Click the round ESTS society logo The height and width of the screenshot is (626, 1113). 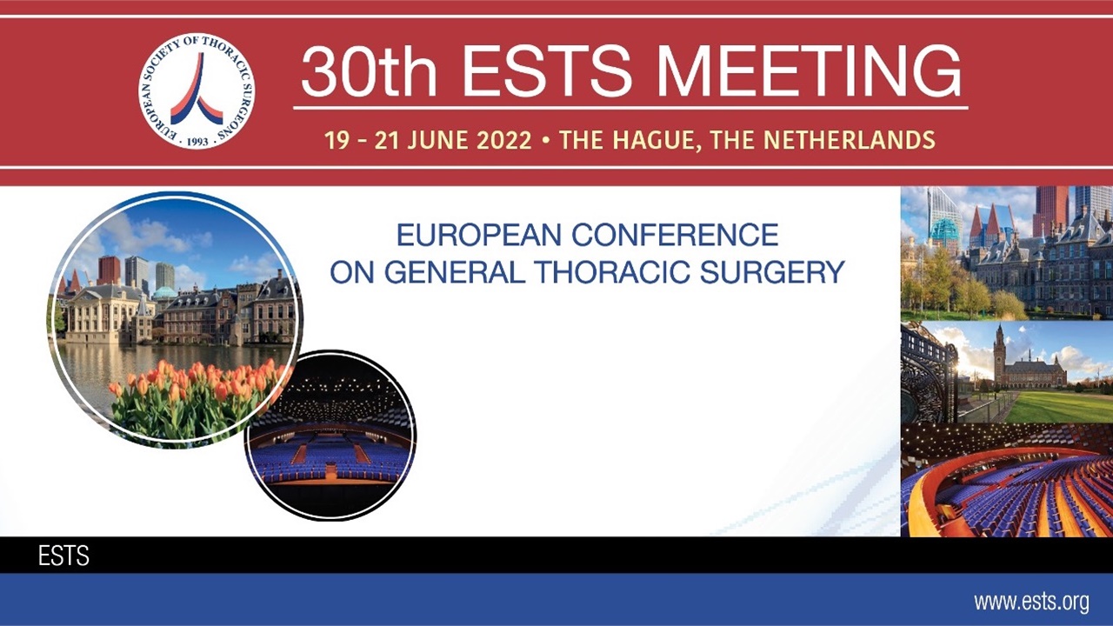click(197, 91)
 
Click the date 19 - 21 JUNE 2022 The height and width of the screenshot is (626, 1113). click(428, 140)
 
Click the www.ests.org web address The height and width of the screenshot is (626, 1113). click(1031, 602)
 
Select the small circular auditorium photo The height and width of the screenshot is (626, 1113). click(330, 435)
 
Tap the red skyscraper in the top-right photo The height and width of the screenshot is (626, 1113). click(1050, 209)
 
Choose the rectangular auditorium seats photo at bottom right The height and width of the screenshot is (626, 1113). click(1006, 480)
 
